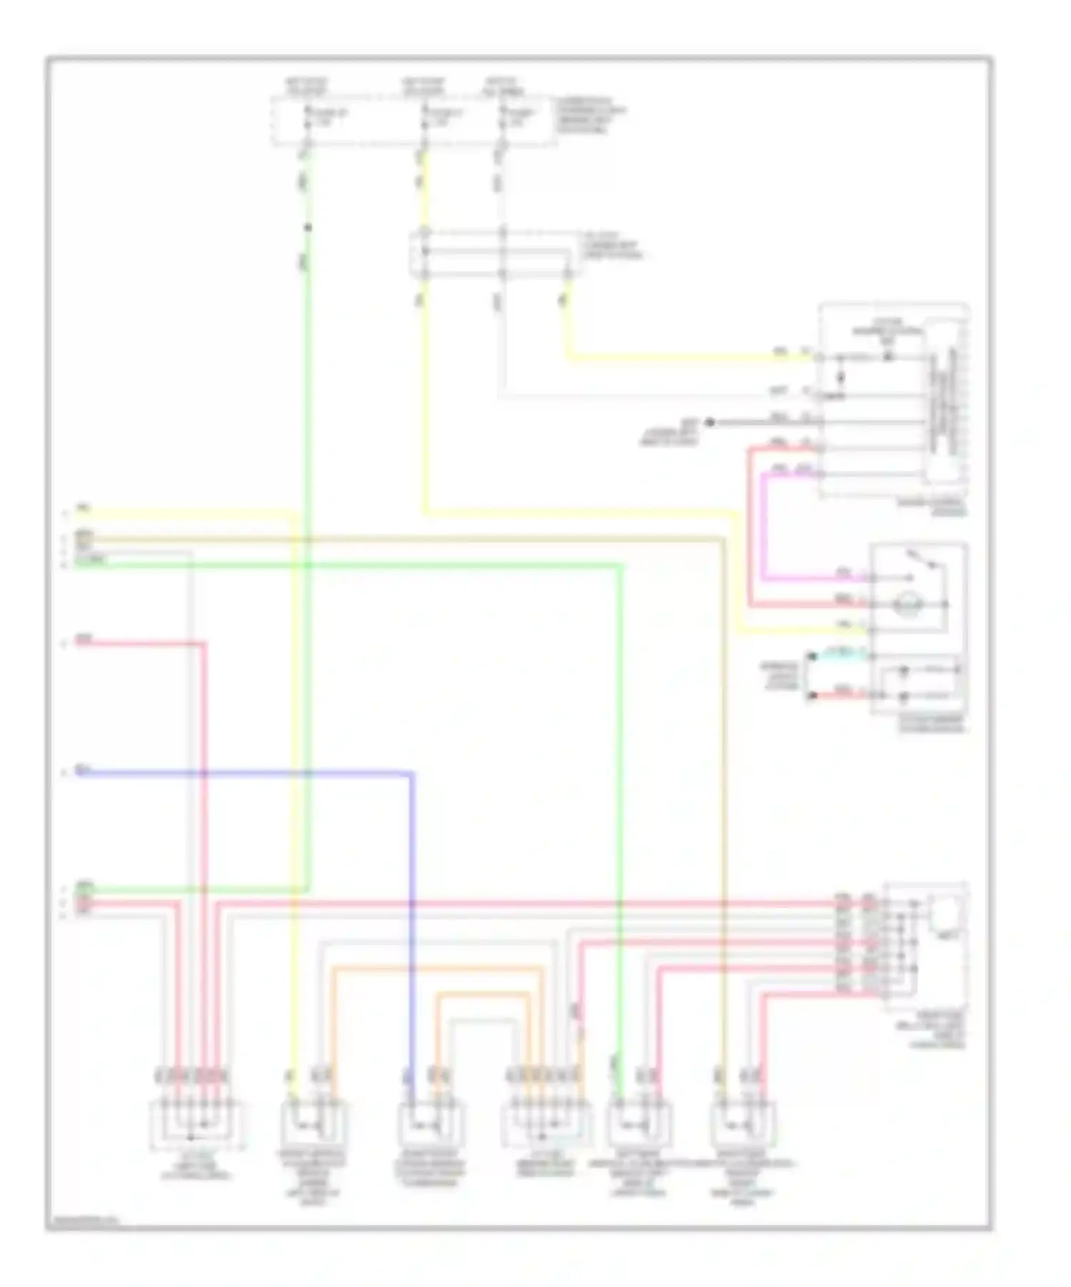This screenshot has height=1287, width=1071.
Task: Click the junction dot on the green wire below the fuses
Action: tap(308, 228)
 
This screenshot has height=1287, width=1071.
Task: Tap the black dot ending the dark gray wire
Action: tap(710, 423)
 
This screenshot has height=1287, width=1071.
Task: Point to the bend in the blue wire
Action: tap(412, 774)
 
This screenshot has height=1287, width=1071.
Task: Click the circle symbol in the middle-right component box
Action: tap(907, 605)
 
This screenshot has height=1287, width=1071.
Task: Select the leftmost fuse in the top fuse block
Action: tap(308, 118)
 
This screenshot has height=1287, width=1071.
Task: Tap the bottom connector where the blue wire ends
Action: tap(428, 1124)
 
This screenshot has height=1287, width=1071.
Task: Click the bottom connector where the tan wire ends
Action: tap(743, 1124)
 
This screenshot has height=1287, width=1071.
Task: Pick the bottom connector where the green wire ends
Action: tap(638, 1124)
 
